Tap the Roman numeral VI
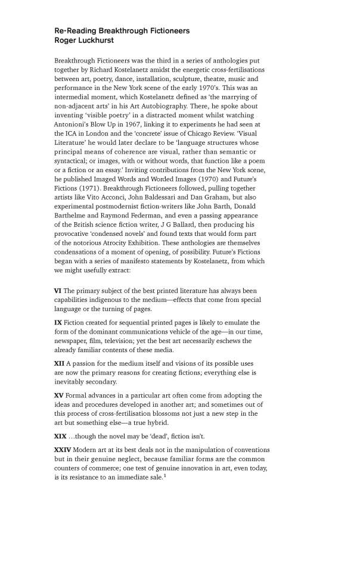(x=58, y=291)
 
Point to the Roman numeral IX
(x=58, y=322)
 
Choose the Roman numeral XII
(x=60, y=363)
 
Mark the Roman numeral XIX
(x=60, y=436)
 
